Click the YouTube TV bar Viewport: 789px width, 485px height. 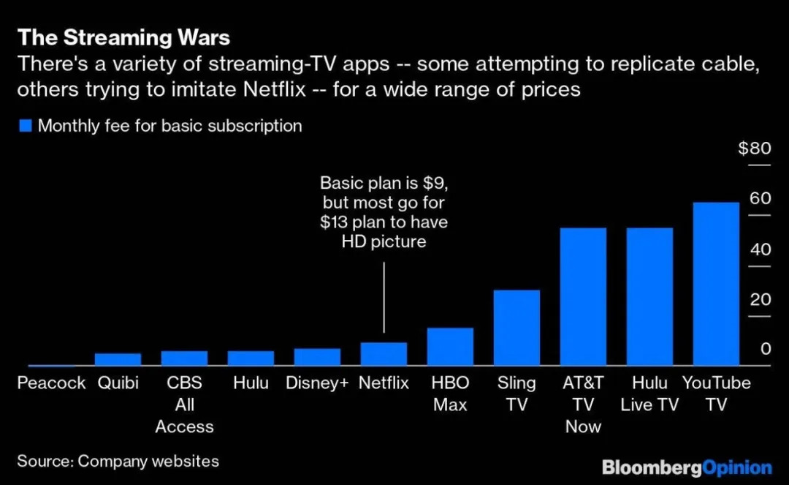pos(716,284)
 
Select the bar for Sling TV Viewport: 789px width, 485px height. pos(517,328)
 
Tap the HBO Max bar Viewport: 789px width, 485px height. pos(450,347)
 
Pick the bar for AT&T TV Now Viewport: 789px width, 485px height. pos(583,297)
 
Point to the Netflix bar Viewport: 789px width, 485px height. pos(384,354)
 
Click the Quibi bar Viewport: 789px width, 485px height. pos(118,359)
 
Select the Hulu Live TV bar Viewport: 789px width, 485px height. pos(649,297)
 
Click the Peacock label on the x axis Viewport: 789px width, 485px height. pos(51,383)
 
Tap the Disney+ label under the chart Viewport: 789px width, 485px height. pos(317,383)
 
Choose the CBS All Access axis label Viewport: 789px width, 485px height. pos(184,405)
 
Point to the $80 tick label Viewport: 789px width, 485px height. pos(754,149)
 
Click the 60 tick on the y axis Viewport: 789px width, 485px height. pos(761,199)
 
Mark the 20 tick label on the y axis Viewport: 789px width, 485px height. pos(761,299)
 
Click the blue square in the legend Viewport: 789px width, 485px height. pos(26,126)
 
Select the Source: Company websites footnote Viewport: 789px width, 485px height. pos(118,461)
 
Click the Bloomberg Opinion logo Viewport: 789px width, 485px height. pos(687,467)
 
